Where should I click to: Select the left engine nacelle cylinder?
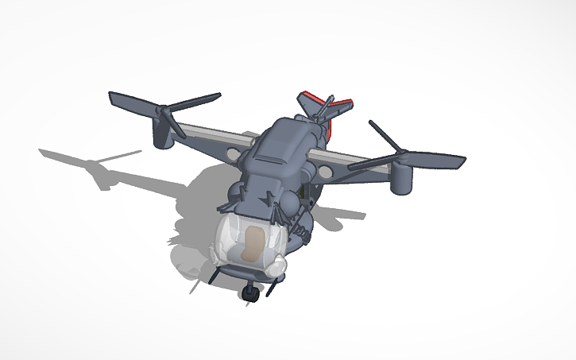point(165,137)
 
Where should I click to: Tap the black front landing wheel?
point(252,294)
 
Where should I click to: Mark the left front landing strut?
point(215,274)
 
